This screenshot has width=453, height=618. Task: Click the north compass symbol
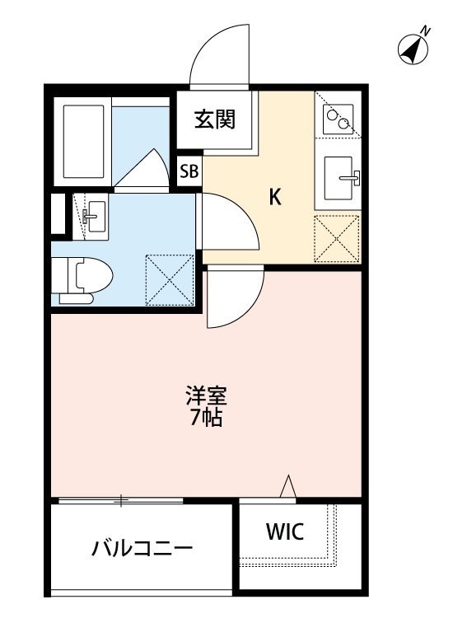(x=414, y=49)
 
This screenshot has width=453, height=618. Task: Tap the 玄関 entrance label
(x=216, y=119)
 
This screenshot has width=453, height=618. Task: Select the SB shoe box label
(x=189, y=171)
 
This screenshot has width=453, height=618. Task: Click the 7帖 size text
(x=204, y=417)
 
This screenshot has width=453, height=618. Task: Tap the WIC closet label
(x=284, y=532)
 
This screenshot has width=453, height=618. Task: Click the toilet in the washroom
(x=82, y=275)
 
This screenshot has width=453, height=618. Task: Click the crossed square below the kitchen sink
(x=337, y=240)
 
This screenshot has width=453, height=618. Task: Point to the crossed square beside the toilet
(x=169, y=279)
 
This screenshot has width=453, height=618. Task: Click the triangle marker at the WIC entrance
(x=288, y=488)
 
